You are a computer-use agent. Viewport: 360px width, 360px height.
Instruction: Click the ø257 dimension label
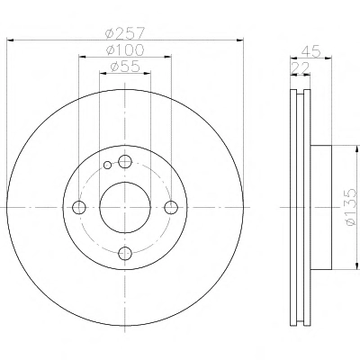pyautogui.click(x=125, y=32)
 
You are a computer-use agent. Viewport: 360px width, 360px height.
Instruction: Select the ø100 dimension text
pyautogui.click(x=125, y=49)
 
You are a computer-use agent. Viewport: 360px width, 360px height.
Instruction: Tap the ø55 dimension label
pyautogui.click(x=125, y=67)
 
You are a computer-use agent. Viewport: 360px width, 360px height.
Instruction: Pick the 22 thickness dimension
pyautogui.click(x=300, y=67)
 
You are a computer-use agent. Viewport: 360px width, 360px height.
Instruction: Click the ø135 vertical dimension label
pyautogui.click(x=350, y=208)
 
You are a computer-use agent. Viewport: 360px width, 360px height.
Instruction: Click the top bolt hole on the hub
pyautogui.click(x=125, y=162)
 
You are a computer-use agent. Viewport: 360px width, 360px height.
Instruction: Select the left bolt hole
pyautogui.click(x=79, y=207)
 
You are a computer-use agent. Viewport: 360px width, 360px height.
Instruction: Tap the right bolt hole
pyautogui.click(x=171, y=207)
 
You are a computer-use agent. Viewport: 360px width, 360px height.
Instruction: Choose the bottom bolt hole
pyautogui.click(x=125, y=254)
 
